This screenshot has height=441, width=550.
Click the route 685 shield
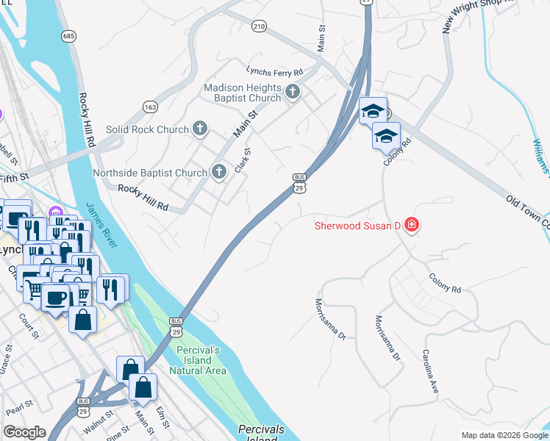point(69,35)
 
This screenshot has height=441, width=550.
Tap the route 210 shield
point(258,26)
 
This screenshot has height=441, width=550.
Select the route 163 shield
point(150,107)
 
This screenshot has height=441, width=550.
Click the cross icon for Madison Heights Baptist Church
point(293,92)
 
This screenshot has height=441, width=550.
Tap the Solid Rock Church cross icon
point(199,129)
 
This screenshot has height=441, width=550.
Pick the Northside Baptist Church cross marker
point(218,173)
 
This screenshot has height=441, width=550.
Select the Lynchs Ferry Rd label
point(275,72)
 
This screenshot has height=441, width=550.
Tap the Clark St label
point(243,161)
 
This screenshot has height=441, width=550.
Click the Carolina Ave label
point(430,370)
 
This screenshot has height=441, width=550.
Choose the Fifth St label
point(14,177)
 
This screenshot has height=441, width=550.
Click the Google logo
point(25,432)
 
